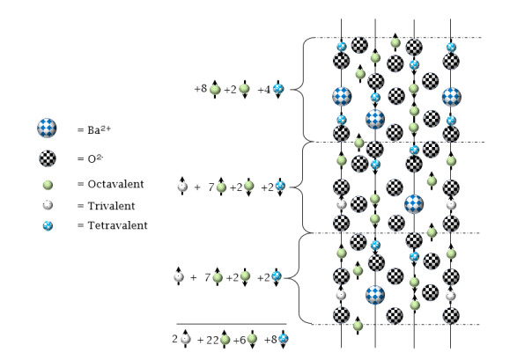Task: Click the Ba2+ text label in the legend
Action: (94, 131)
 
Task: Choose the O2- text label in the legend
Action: (90, 159)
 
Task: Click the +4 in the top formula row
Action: (264, 89)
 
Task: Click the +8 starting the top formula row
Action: (200, 89)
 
